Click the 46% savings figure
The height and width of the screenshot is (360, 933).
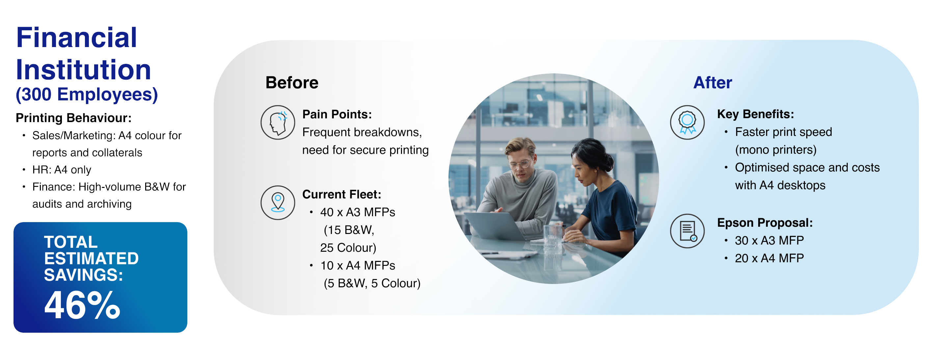pyautogui.click(x=82, y=305)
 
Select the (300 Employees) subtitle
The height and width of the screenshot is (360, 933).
pyautogui.click(x=87, y=94)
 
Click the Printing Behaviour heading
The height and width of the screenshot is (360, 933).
pyautogui.click(x=73, y=118)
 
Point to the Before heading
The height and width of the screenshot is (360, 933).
pyautogui.click(x=292, y=83)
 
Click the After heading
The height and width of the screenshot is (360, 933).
pyautogui.click(x=712, y=83)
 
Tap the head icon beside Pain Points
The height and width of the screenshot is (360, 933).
pyautogui.click(x=278, y=123)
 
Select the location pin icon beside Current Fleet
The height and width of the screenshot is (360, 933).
pyautogui.click(x=278, y=203)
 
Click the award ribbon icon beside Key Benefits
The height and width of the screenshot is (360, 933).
pyautogui.click(x=687, y=123)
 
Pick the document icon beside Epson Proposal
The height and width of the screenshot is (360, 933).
pyautogui.click(x=687, y=231)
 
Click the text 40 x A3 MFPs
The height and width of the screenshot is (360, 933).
pyautogui.click(x=358, y=212)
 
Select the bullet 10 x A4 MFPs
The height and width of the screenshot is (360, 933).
pyautogui.click(x=358, y=266)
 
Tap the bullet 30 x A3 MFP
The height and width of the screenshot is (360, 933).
pyautogui.click(x=769, y=241)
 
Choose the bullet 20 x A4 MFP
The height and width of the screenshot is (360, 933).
pyautogui.click(x=769, y=258)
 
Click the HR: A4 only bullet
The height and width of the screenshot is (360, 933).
pyautogui.click(x=62, y=170)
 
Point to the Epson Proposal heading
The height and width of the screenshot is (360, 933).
pyautogui.click(x=765, y=223)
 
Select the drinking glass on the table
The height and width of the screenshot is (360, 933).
pyautogui.click(x=553, y=236)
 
